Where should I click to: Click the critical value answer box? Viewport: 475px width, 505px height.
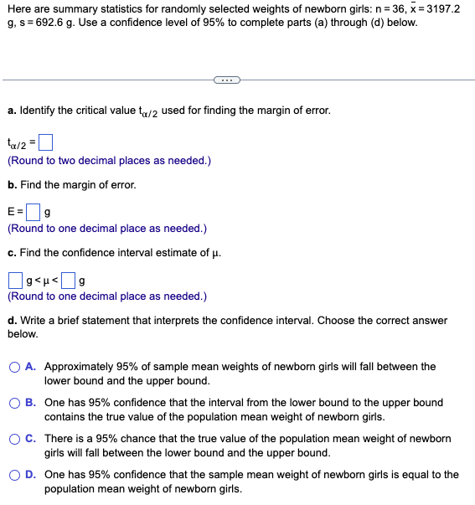[46, 142]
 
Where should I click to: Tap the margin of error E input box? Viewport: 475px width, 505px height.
[33, 209]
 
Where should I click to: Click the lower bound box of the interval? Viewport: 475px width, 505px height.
[15, 278]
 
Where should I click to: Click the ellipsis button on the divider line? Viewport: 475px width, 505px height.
[226, 80]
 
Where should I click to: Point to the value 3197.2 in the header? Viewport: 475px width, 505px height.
[439, 9]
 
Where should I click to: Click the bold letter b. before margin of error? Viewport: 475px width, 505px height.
[12, 184]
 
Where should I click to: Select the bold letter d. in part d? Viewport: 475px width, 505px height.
[12, 320]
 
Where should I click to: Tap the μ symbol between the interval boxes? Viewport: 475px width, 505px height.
[44, 279]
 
